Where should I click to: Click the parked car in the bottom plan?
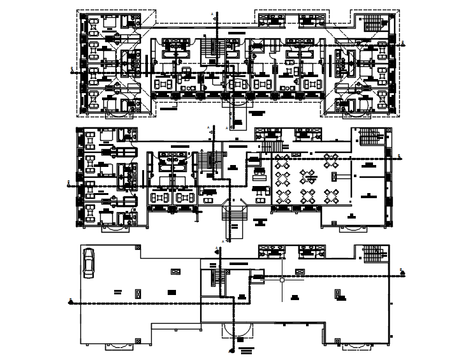click(89, 263)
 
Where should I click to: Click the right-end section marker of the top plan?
click(404, 44)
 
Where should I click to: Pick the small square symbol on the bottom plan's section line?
click(281, 278)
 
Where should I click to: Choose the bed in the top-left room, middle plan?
click(106, 136)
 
